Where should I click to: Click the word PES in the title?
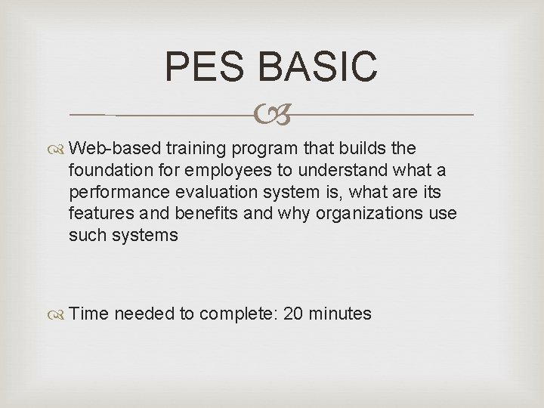coord(206,66)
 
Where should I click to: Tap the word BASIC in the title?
coord(317,66)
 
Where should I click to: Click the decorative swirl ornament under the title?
coord(271,116)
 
